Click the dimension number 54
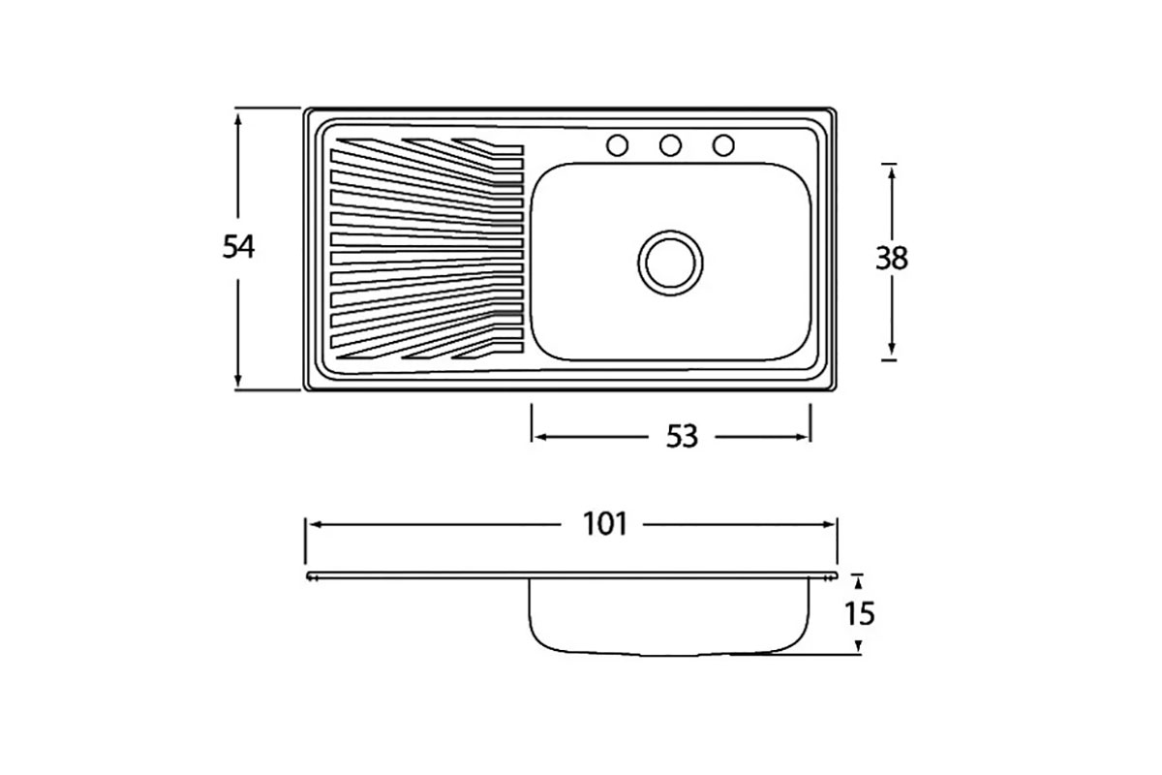238,247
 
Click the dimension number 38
892,258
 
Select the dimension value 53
682,437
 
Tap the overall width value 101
605,524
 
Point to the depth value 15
860,613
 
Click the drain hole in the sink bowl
670,263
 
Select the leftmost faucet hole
618,145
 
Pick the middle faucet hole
670,145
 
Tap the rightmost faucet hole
723,145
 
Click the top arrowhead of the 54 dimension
238,118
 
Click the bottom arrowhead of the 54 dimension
238,381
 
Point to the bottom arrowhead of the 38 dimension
892,350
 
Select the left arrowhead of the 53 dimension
539,437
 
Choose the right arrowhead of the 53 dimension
802,437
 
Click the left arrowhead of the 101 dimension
314,525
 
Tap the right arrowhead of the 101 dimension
829,525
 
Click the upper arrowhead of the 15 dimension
858,583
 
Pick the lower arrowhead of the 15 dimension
858,646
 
